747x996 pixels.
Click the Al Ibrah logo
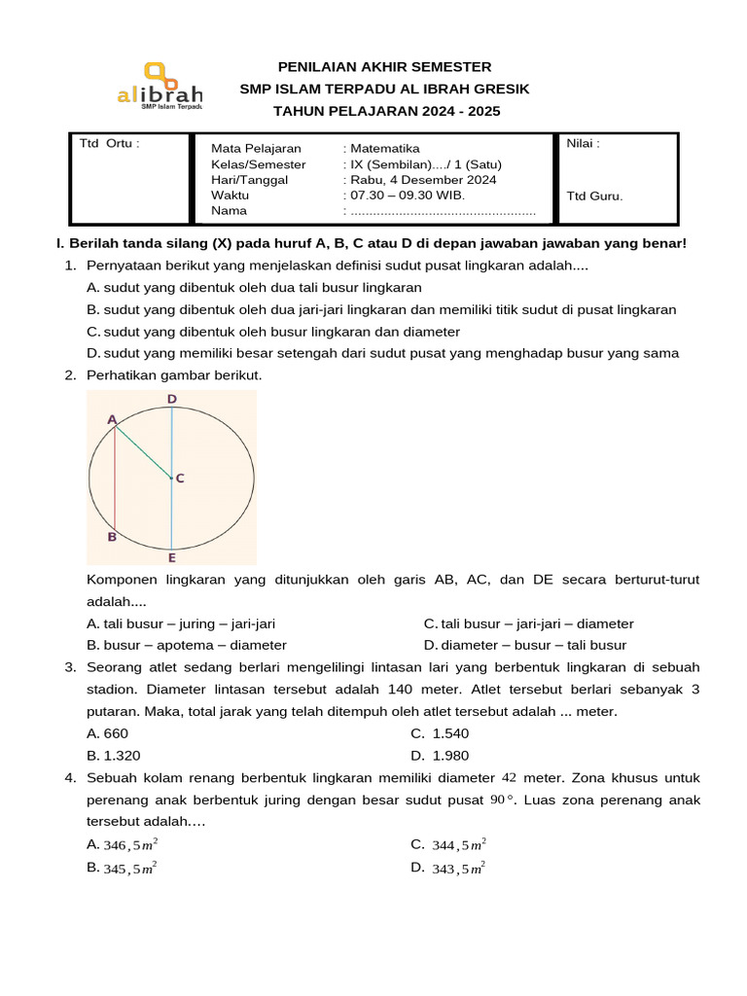[x=160, y=88]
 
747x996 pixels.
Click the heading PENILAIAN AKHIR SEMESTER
[x=384, y=66]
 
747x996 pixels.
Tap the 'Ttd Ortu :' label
[x=109, y=144]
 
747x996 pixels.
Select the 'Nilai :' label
[x=583, y=144]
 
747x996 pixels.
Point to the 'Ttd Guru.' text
[x=594, y=196]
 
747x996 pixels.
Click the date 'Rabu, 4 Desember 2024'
[x=423, y=180]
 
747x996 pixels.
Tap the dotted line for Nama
[x=443, y=211]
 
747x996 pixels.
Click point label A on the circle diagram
[x=112, y=419]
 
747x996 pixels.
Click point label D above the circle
[x=171, y=399]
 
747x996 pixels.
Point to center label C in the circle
[x=180, y=478]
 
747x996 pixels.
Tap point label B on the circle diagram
[x=112, y=536]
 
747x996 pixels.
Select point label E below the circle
[x=171, y=557]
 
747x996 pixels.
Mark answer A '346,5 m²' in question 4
[x=123, y=844]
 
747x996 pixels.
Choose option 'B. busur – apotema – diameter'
[x=187, y=645]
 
